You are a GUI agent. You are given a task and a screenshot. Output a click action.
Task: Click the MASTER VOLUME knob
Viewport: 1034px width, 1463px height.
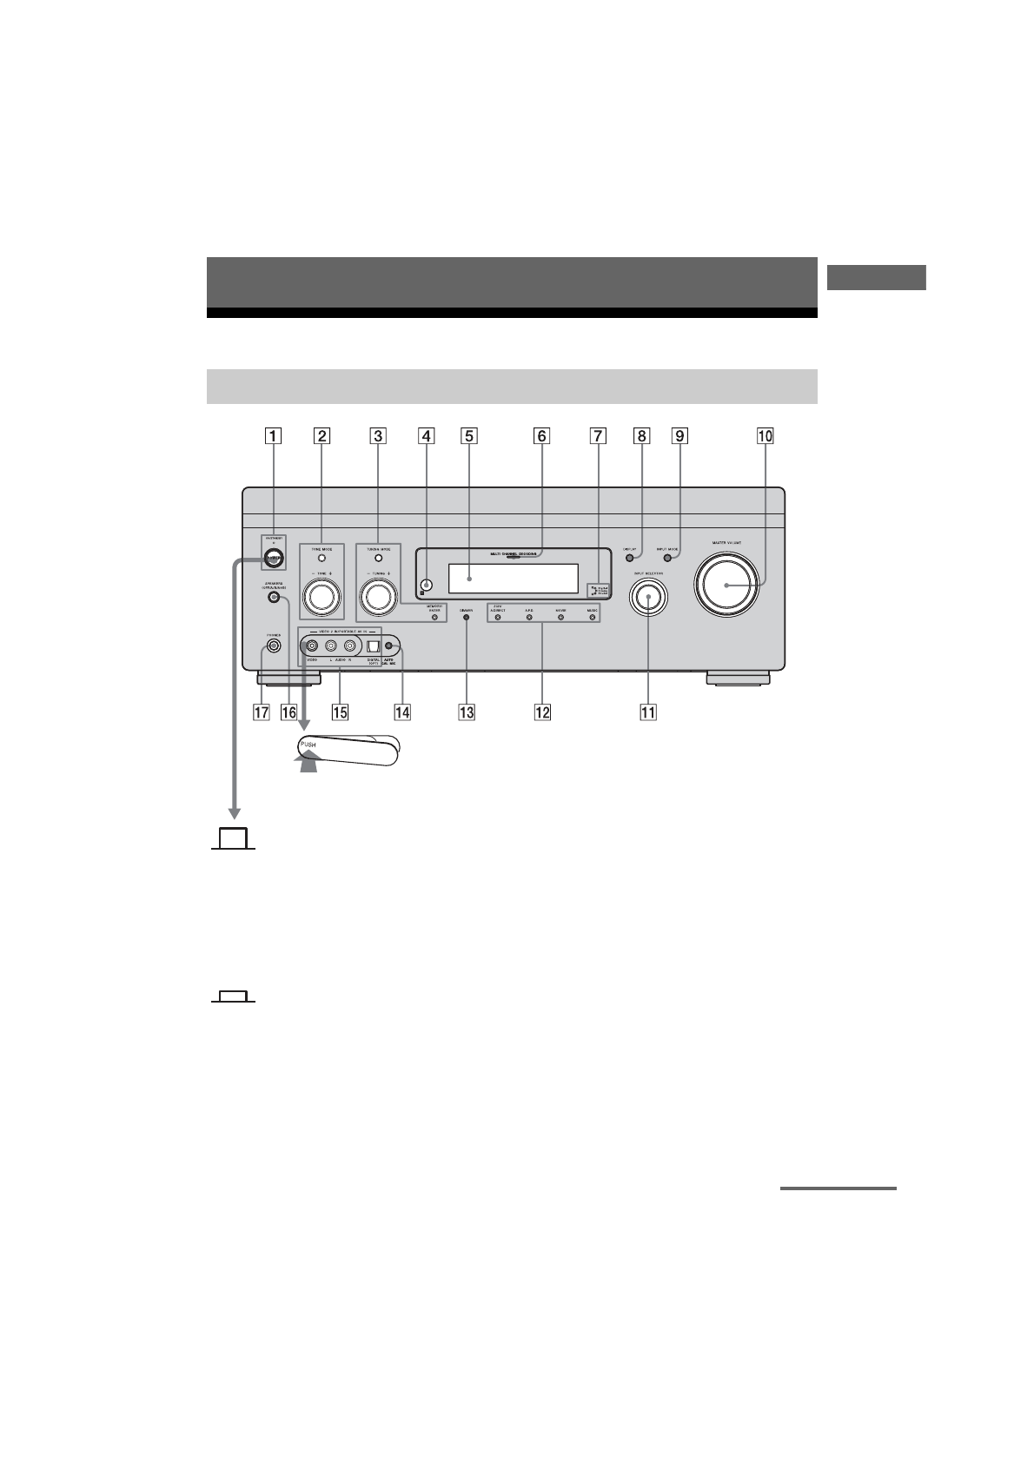click(726, 585)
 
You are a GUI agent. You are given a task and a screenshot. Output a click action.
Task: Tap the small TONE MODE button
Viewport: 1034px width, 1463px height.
click(321, 559)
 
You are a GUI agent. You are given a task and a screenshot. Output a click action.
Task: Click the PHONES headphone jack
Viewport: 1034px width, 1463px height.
click(274, 645)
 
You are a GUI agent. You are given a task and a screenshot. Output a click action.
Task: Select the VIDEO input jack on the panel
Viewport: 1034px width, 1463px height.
click(311, 645)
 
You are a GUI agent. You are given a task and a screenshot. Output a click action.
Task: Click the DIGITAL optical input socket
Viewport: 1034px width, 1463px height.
click(372, 646)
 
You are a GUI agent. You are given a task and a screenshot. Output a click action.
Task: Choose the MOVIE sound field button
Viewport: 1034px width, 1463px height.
click(560, 618)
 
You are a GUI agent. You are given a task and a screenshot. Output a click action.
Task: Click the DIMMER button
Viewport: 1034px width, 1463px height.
click(467, 619)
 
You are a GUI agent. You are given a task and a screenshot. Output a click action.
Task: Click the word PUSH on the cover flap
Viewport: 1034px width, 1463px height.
click(309, 746)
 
